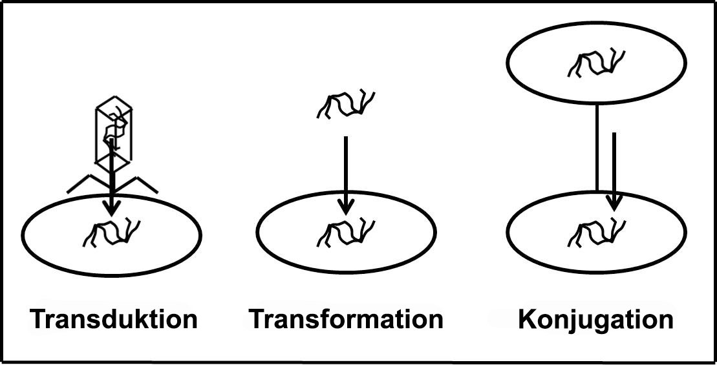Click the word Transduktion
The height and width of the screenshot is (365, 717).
click(x=114, y=319)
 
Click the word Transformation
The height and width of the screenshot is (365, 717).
click(x=346, y=319)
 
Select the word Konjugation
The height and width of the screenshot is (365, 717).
click(x=596, y=320)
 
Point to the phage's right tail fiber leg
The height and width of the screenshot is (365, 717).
click(x=136, y=183)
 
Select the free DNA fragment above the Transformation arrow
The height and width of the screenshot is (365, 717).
click(x=346, y=105)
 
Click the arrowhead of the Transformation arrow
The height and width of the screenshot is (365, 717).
click(x=346, y=207)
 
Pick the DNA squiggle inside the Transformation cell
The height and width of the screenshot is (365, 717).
click(x=346, y=233)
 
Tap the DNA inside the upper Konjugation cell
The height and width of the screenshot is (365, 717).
click(x=597, y=64)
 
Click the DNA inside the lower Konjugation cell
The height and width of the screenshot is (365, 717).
click(x=597, y=234)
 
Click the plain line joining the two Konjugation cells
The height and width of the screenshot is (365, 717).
click(x=597, y=147)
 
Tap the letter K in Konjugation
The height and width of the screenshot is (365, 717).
click(x=527, y=320)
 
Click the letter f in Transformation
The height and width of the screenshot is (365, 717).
click(x=318, y=319)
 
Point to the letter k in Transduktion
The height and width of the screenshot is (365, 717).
click(x=142, y=319)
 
